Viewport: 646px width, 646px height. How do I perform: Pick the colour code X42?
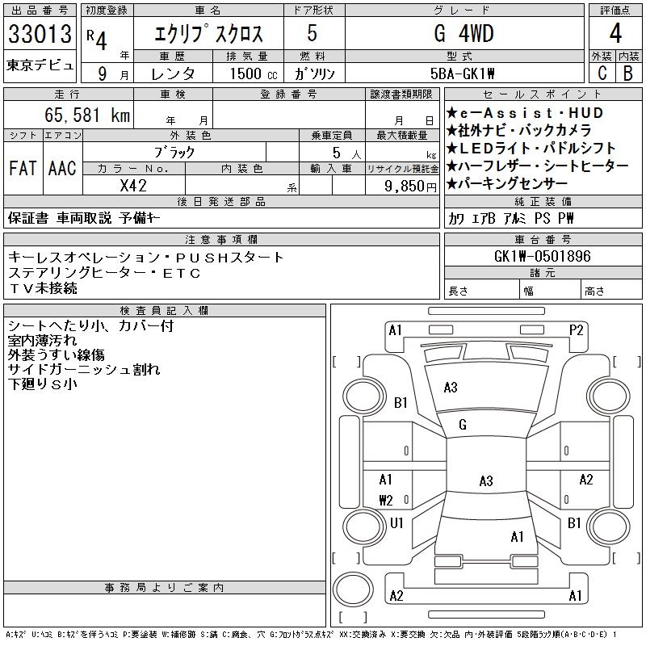(132, 185)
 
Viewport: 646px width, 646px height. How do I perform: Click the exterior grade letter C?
(602, 73)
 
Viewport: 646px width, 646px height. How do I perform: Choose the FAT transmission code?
(22, 169)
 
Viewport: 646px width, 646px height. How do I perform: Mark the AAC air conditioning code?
(61, 169)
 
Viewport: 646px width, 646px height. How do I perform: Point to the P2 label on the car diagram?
(577, 329)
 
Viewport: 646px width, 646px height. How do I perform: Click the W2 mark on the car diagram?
(386, 500)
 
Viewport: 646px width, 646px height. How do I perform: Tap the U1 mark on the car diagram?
(396, 523)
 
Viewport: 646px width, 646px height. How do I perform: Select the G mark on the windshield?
(463, 425)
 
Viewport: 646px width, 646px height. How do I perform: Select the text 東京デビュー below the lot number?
(40, 65)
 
